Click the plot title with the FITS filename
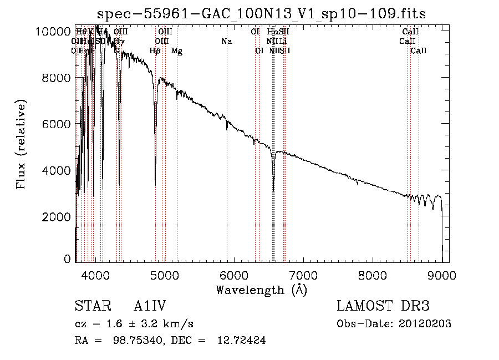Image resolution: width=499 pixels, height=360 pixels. pos(261,14)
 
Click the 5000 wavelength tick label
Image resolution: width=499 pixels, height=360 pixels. pos(164,274)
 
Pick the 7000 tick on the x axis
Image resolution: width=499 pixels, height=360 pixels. pos(303,274)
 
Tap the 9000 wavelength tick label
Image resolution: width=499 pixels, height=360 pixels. pos(442,274)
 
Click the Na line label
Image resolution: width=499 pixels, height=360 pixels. pos(226,41)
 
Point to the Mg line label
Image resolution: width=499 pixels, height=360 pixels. pos(177,51)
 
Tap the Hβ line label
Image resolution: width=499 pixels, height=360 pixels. pos(155,51)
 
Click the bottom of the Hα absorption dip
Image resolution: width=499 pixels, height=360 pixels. pos(273,191)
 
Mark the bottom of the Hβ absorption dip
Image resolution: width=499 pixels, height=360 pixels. pos(155,185)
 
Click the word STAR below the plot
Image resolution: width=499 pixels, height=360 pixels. pos(89,306)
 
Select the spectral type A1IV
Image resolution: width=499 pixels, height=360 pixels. pos(150,306)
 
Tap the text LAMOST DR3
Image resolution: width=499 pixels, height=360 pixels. pos(383,306)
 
